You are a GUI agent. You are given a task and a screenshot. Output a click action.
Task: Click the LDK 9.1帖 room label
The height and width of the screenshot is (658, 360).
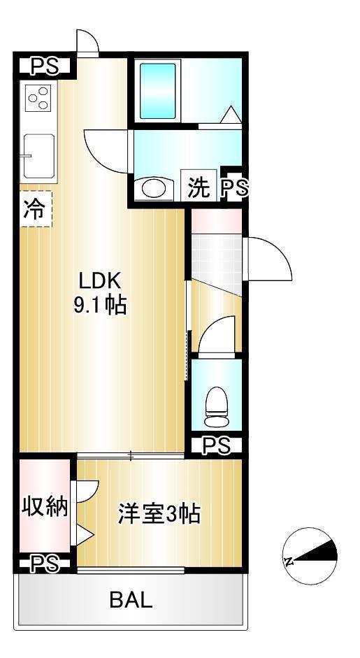click(x=101, y=293)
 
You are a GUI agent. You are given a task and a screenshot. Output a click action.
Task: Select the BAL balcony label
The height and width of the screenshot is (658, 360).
click(x=131, y=599)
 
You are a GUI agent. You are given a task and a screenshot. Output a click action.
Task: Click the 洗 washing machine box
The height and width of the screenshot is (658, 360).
click(x=199, y=187)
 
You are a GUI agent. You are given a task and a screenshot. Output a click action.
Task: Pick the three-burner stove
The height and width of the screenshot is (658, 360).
click(x=38, y=98)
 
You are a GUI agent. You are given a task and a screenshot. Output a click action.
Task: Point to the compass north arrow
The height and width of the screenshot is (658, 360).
click(x=311, y=557)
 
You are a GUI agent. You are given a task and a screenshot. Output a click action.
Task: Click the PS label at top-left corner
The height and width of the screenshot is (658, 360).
click(x=43, y=66)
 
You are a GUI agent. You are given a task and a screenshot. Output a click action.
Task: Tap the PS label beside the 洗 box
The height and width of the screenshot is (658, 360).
click(x=233, y=187)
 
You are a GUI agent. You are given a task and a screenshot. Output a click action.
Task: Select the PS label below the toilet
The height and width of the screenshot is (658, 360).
click(x=216, y=445)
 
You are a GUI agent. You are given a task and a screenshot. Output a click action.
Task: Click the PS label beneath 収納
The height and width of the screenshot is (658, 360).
click(x=45, y=564)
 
